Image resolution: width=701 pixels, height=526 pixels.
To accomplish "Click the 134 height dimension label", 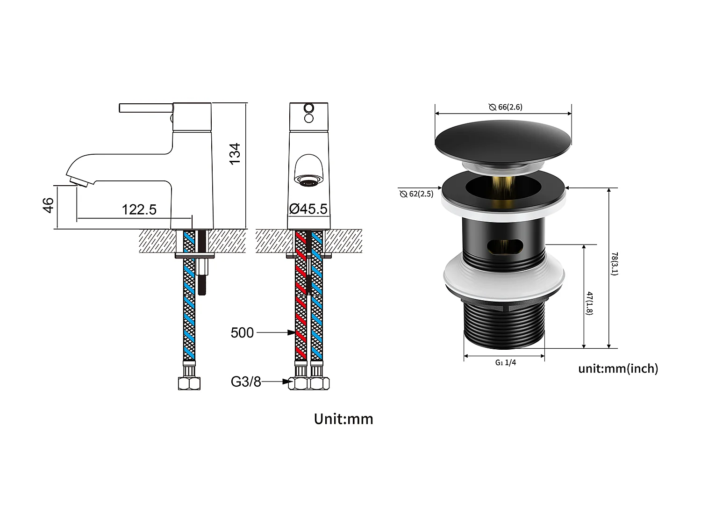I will point(235,153).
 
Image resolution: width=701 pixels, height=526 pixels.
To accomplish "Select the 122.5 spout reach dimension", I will point(139,209).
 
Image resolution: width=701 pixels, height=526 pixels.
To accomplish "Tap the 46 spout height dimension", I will point(49,205).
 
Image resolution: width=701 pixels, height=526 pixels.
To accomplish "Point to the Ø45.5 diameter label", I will point(308,209).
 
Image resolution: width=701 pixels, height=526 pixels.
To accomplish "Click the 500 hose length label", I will point(242,333).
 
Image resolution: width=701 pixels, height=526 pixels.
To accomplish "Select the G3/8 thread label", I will point(246,382).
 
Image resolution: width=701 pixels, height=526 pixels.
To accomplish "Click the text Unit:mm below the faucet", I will point(343,419).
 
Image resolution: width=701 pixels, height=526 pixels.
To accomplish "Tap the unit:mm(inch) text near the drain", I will point(618,368).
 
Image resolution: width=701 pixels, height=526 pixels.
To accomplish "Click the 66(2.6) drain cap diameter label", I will point(506,107).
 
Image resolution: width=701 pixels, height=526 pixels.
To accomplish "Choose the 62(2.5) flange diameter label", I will point(417,194).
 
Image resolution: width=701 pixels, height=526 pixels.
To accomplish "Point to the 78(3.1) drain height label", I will point(615,264).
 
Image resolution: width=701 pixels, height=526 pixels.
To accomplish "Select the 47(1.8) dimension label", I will point(590,303).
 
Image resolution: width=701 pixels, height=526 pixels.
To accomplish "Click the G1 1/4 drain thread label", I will point(506,362).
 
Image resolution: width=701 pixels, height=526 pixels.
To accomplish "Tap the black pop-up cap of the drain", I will point(503,139).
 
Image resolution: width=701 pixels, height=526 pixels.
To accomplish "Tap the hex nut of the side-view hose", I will point(189,383).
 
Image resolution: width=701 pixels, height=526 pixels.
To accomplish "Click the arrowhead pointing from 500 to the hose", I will point(291,333).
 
